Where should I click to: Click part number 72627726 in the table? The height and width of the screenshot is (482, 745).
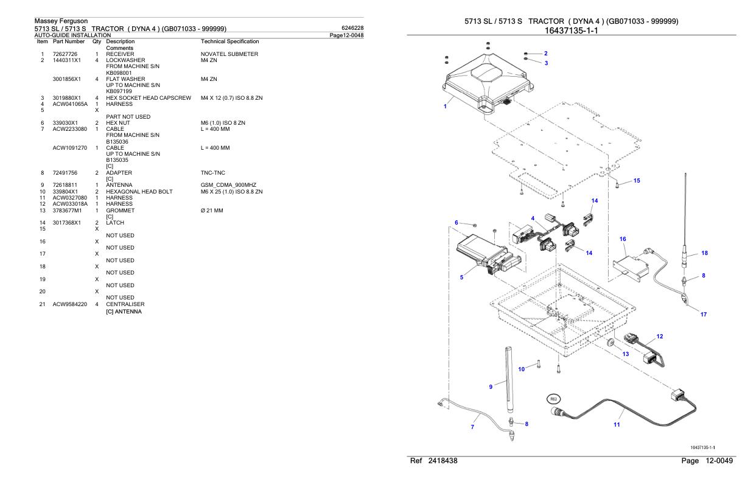65,54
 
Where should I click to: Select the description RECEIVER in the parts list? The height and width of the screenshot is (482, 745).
120,54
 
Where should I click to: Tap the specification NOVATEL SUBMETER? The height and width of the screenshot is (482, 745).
229,54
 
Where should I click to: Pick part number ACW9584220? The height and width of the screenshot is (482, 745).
70,304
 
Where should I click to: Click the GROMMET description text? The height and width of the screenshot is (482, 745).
120,211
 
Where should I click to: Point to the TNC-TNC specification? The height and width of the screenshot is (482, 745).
213,173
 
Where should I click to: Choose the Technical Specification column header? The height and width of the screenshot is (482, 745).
230,41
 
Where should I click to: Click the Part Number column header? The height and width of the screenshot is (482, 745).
69,41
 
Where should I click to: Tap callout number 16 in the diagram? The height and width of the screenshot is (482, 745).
623,239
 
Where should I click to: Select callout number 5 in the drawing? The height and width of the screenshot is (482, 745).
461,277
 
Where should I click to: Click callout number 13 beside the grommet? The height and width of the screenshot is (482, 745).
626,354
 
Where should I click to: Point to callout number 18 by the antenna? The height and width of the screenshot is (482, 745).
704,253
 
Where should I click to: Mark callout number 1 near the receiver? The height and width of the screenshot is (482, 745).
445,107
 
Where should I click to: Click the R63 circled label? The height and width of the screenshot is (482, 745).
554,399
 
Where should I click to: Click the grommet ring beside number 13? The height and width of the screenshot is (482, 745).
610,343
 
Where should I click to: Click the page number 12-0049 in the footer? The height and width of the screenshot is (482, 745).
719,461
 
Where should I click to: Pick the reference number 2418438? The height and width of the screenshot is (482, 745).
442,461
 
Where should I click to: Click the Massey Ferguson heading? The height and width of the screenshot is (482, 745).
61,21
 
